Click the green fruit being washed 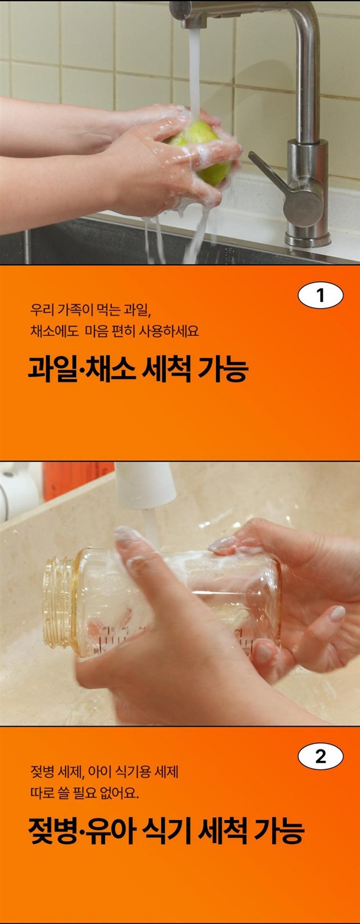pyautogui.click(x=202, y=151)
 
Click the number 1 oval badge pyautogui.click(x=320, y=295)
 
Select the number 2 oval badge pyautogui.click(x=320, y=756)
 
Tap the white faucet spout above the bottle pyautogui.click(x=145, y=485)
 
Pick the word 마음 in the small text pyautogui.click(x=97, y=331)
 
